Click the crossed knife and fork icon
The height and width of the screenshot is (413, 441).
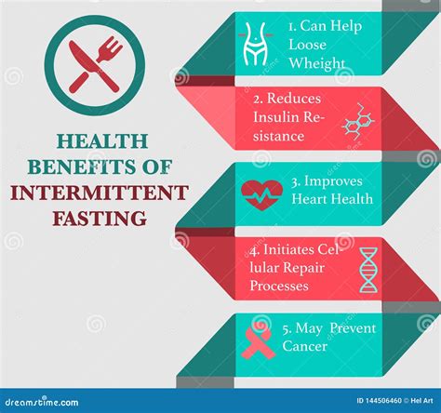(x=94, y=64)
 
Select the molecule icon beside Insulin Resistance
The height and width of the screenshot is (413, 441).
(x=357, y=121)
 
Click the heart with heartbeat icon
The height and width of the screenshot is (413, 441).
(x=261, y=192)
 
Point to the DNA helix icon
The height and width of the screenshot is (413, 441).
(x=368, y=269)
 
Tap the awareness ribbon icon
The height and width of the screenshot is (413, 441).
(x=258, y=341)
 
